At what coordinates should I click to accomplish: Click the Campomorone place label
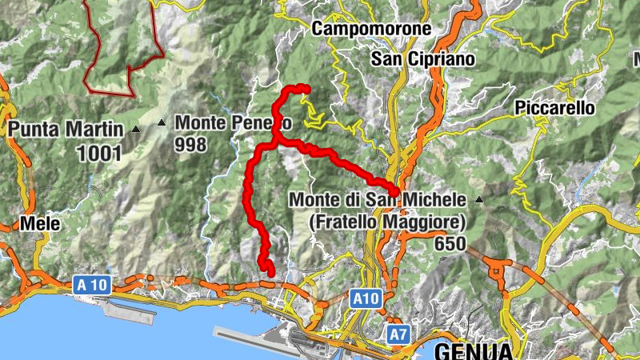pyautogui.click(x=371, y=29)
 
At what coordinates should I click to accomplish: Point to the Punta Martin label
pyautogui.click(x=66, y=128)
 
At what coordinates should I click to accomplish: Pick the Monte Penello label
pyautogui.click(x=233, y=123)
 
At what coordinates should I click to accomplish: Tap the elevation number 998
pyautogui.click(x=191, y=145)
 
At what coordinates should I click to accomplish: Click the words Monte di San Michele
pyautogui.click(x=378, y=198)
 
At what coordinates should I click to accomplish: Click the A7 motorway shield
pyautogui.click(x=398, y=334)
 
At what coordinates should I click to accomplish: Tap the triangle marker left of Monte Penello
pyautogui.click(x=162, y=122)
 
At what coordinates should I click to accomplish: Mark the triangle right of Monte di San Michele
pyautogui.click(x=479, y=198)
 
